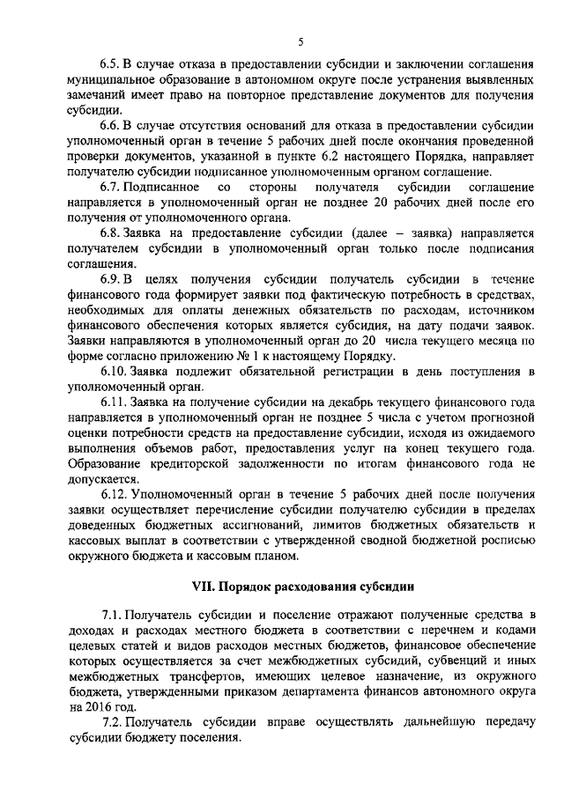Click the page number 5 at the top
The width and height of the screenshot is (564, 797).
[x=301, y=41]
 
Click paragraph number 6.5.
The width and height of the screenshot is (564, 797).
[x=109, y=65]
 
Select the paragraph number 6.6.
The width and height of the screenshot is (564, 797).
[x=109, y=128]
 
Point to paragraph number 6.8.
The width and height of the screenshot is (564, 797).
[x=109, y=234]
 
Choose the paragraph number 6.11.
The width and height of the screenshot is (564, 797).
[x=112, y=402]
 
